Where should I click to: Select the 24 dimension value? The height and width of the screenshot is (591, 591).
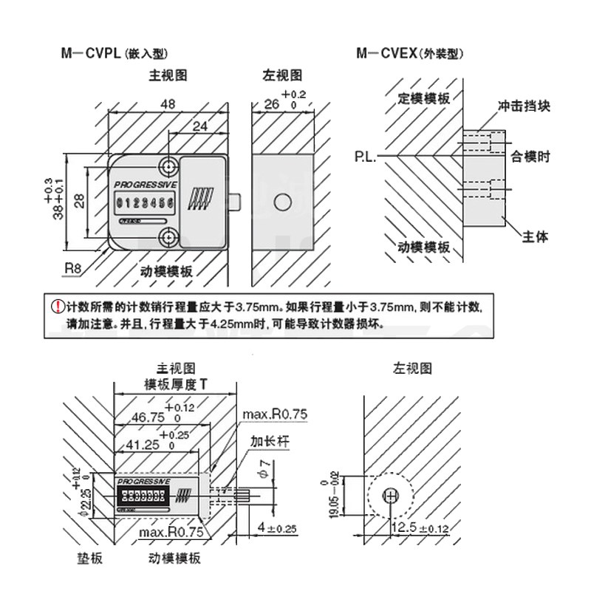tap(199, 126)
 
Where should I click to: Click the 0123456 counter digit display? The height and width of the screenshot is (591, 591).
tap(144, 202)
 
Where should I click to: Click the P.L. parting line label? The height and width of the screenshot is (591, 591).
tap(365, 157)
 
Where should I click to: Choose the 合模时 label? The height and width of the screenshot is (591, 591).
tap(530, 157)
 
